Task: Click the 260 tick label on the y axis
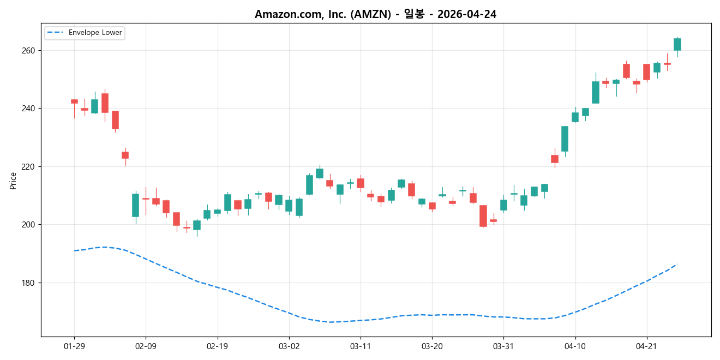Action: (x=28, y=50)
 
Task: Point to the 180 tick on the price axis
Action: (x=28, y=283)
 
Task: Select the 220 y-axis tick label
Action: (x=28, y=166)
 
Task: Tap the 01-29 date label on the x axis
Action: (x=74, y=346)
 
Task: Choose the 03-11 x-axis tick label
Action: (x=361, y=346)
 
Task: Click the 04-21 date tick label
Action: (x=647, y=346)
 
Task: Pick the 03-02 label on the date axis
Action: (x=289, y=346)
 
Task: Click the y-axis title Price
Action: (x=13, y=181)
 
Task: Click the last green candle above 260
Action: (x=677, y=44)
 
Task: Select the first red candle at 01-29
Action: (x=74, y=101)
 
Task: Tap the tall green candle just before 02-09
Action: (x=135, y=205)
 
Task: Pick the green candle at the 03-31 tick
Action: (x=503, y=205)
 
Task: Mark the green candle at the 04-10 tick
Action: (x=575, y=117)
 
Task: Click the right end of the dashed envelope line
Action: (x=677, y=264)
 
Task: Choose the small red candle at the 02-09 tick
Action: (x=146, y=199)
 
